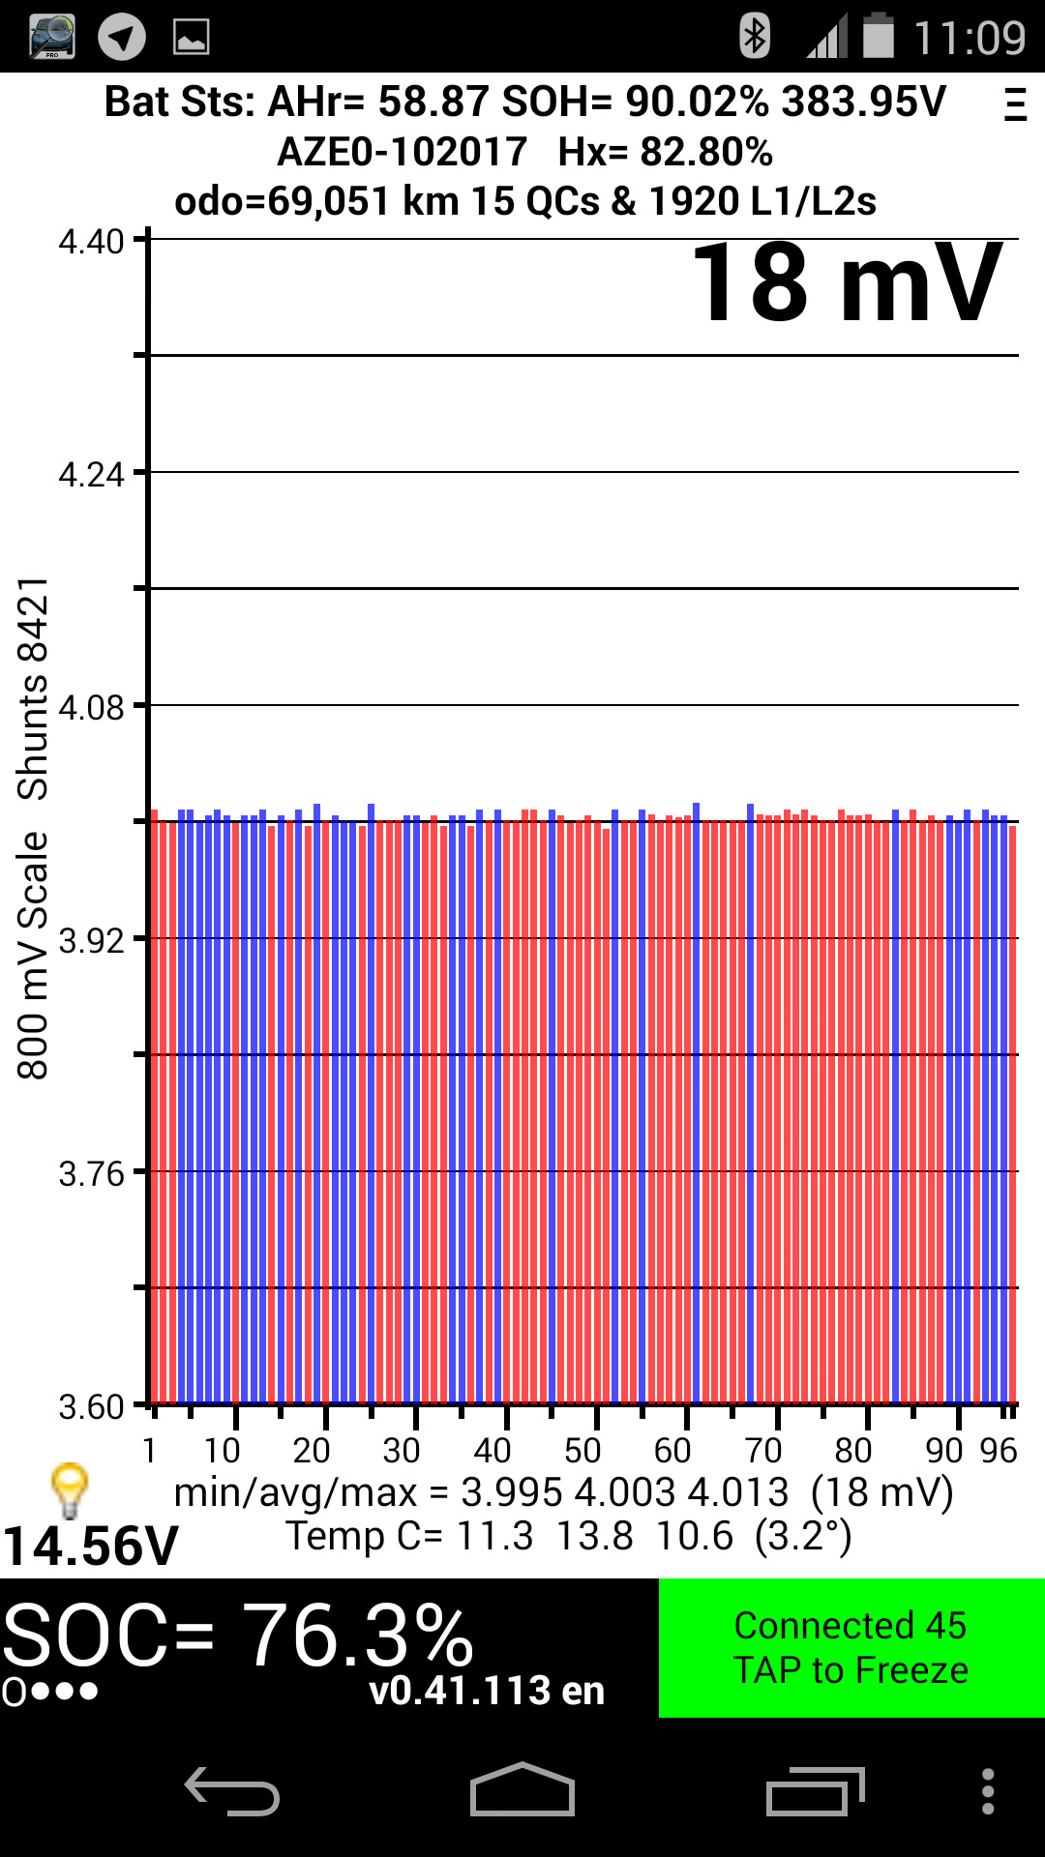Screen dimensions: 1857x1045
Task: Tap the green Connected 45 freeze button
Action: (851, 1648)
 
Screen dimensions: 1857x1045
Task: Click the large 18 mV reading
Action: (848, 283)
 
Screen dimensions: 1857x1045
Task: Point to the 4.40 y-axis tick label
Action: (91, 242)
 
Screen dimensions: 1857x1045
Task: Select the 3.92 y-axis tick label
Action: (91, 941)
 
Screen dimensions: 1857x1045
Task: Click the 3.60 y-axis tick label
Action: (91, 1407)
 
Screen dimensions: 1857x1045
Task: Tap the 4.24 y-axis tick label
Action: (91, 475)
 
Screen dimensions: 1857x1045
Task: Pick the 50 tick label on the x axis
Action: (582, 1451)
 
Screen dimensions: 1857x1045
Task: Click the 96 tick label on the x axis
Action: (999, 1451)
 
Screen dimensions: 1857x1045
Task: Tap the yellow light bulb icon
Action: (70, 1489)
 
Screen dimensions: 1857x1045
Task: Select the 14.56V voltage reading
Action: (90, 1546)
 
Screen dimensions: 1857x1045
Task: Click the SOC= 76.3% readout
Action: (237, 1636)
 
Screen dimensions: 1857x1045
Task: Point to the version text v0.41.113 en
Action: (487, 1691)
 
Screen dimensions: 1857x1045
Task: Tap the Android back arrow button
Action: (232, 1791)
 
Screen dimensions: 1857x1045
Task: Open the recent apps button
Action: (815, 1791)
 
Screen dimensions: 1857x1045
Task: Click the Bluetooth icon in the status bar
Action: (754, 37)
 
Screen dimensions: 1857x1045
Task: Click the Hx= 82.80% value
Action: (666, 152)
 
